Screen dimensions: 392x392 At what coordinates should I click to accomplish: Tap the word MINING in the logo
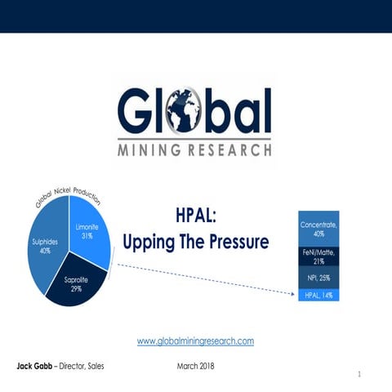[x=150, y=149]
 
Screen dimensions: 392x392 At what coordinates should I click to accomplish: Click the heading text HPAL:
[x=197, y=217]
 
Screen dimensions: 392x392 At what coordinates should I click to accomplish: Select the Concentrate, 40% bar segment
[x=318, y=228]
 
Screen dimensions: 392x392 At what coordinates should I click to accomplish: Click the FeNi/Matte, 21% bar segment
[x=318, y=257]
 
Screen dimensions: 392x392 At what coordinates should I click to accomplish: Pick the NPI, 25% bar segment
[x=318, y=278]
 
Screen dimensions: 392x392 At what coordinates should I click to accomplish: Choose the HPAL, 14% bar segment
[x=318, y=295]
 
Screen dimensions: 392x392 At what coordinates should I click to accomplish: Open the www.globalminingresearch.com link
[x=195, y=340]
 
